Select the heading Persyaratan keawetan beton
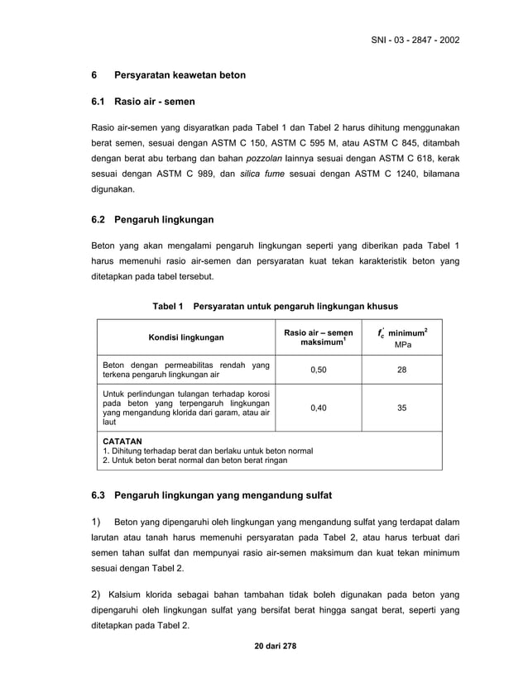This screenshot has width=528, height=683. [x=180, y=75]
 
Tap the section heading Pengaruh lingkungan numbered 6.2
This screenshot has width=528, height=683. [x=164, y=220]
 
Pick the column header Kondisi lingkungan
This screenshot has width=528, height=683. [x=185, y=338]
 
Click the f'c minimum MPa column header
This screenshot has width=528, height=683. [x=401, y=337]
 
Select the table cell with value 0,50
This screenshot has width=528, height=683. [x=318, y=370]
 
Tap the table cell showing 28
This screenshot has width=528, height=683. [x=401, y=370]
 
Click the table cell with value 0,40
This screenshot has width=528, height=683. [x=318, y=408]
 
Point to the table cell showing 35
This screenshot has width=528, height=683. [x=401, y=408]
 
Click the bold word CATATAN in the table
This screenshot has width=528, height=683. [x=122, y=442]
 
